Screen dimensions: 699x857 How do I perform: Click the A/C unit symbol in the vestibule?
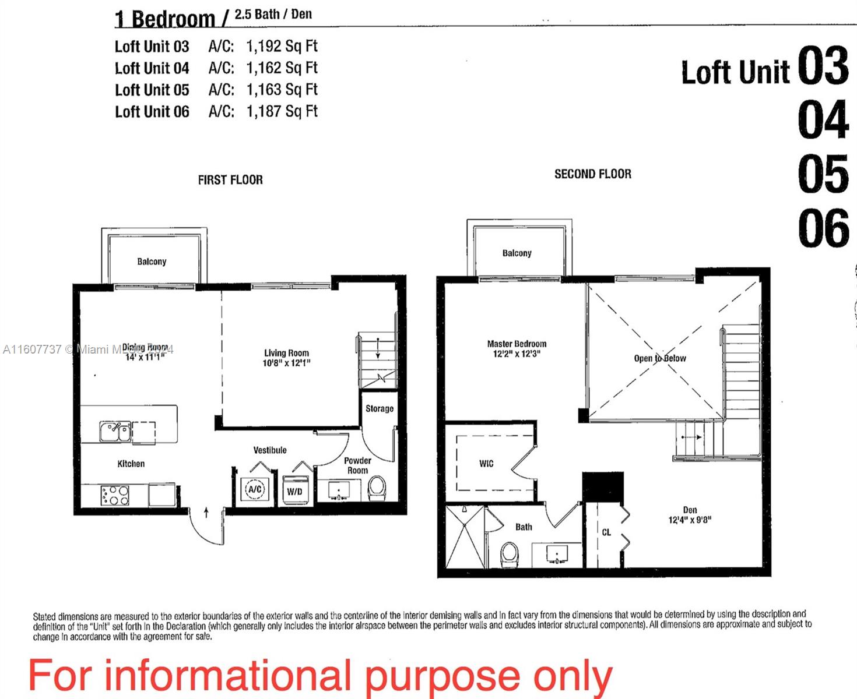tap(255, 489)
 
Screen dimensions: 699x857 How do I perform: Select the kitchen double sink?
tap(115, 432)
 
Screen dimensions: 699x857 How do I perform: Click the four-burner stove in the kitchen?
tap(115, 495)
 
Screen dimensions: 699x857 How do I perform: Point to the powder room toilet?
tap(377, 488)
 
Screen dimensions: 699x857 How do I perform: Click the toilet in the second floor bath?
tap(510, 554)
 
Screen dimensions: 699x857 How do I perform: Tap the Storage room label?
tap(379, 408)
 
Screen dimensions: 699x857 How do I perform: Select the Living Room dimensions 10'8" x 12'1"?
tap(286, 363)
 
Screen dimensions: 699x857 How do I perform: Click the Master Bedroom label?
tap(517, 344)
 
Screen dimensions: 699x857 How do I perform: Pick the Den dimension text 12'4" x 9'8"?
tap(690, 520)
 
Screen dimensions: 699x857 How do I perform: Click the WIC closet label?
tap(486, 463)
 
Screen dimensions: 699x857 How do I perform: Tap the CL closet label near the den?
tap(606, 532)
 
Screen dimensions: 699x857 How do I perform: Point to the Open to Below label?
tap(660, 358)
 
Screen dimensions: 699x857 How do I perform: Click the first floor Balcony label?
tap(152, 262)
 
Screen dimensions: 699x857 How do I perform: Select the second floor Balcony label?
tap(517, 253)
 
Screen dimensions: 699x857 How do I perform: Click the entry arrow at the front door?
tap(206, 513)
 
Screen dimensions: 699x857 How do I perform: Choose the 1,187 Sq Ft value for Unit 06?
tap(282, 111)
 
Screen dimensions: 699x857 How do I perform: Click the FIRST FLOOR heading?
tap(230, 180)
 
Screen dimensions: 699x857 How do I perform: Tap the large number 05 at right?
tap(823, 174)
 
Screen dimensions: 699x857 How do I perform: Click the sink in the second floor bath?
tap(557, 553)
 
